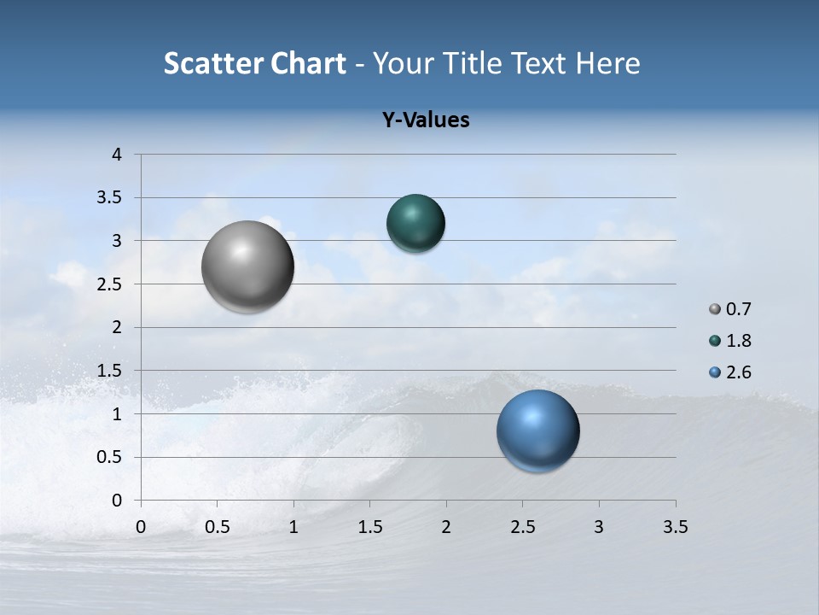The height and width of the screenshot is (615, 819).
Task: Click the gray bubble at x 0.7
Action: coord(248,266)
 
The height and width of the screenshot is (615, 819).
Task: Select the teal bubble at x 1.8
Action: coord(415,224)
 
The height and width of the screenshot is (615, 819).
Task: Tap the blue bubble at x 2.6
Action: coord(537,430)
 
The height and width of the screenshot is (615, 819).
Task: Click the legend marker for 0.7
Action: coord(715,309)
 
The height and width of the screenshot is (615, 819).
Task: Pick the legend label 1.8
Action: coord(738,341)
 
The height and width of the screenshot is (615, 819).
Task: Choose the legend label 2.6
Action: coord(738,372)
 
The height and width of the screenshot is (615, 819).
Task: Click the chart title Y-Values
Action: coord(426,120)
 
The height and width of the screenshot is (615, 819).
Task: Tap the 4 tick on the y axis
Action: coord(117,155)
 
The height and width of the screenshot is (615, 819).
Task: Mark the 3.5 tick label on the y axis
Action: coord(110,198)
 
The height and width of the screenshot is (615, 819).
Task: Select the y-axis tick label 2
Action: coord(117,327)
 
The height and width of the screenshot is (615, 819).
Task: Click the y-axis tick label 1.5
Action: coord(110,371)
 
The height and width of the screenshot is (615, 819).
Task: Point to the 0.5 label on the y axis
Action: coord(110,457)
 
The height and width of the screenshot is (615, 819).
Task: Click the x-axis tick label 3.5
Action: coord(675,527)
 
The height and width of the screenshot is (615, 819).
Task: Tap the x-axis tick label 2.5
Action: coord(522,527)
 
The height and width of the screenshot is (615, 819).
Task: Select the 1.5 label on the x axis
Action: coord(369,527)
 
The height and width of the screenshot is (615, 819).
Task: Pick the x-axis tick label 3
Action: coord(599,527)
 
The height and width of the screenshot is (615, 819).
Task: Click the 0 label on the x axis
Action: coord(141,527)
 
